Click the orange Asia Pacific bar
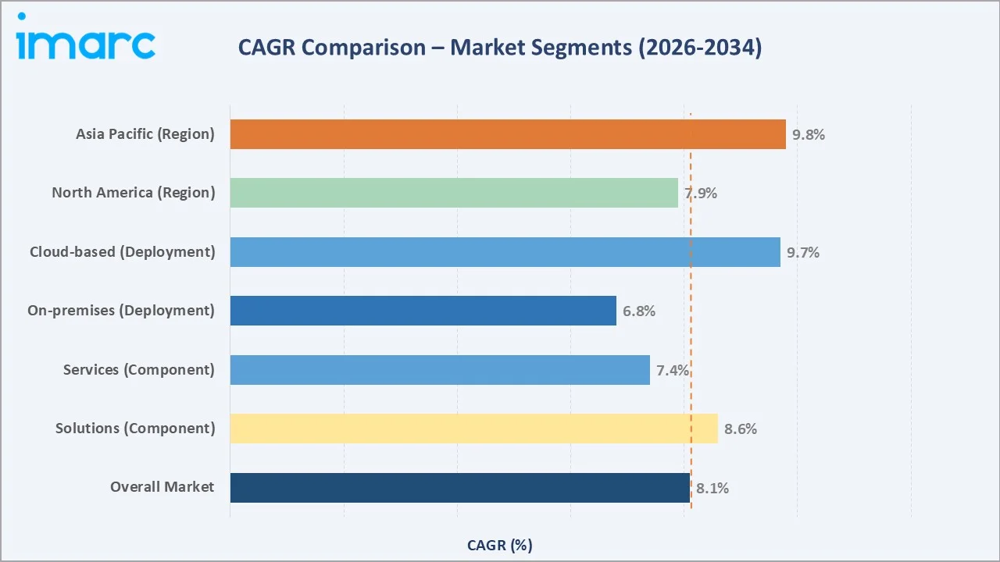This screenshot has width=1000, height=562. click(x=508, y=134)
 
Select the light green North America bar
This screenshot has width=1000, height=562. click(x=454, y=193)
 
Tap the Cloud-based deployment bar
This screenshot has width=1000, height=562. click(x=505, y=252)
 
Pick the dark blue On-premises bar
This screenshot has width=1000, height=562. click(x=423, y=311)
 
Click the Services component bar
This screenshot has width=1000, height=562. click(x=440, y=370)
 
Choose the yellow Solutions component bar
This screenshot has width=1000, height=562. click(x=473, y=429)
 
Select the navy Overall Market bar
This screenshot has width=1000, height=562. click(x=460, y=488)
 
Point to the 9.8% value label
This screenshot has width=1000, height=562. click(x=809, y=134)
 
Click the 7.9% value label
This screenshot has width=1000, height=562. click(x=701, y=194)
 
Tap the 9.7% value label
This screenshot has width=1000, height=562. click(x=803, y=252)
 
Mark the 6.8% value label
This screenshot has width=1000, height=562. click(x=639, y=311)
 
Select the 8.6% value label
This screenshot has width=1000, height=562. click(x=741, y=429)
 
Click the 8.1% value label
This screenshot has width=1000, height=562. click(x=712, y=489)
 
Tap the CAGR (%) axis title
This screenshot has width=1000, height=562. click(x=499, y=545)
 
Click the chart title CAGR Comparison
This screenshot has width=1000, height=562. click(x=499, y=48)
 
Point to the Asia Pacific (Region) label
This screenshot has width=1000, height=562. click(x=145, y=134)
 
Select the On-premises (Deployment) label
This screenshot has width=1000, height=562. click(x=120, y=311)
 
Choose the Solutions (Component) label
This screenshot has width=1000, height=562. click(x=134, y=429)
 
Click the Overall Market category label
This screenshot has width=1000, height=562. click(x=162, y=487)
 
